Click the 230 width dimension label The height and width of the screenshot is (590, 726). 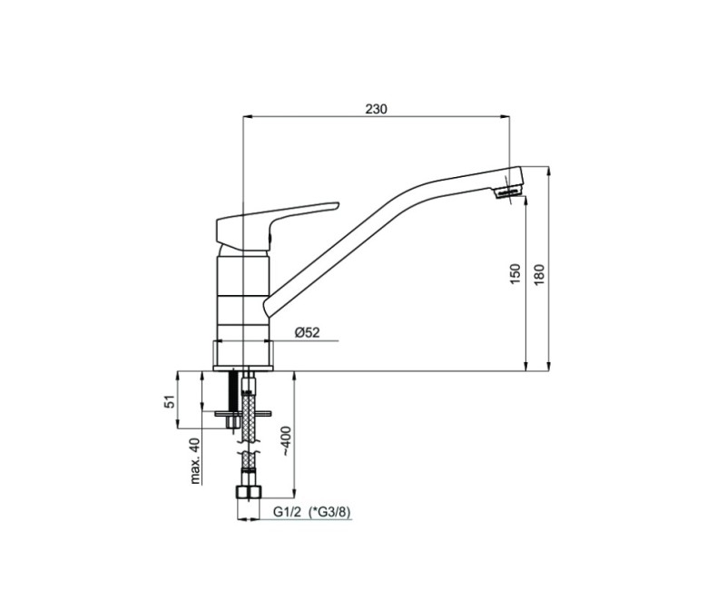pos(376,109)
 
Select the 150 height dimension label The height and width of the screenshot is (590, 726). pos(515,274)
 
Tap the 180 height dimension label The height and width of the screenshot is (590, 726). pos(539,274)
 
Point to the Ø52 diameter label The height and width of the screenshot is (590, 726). pos(307,332)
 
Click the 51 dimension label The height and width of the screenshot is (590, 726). pos(171,401)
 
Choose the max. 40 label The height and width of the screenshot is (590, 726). pos(196,461)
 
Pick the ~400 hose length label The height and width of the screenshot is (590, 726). pos(286,440)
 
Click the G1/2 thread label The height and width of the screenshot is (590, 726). pos(287,512)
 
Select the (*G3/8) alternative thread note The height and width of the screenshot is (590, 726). pos(330,512)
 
